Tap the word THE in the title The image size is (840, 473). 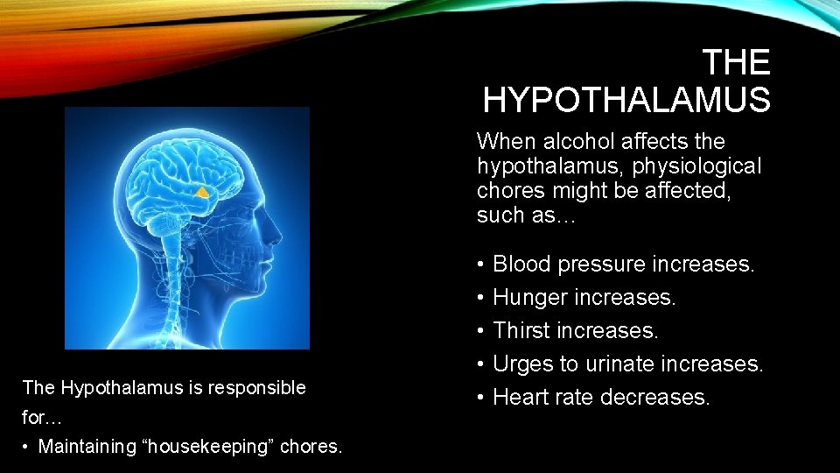point(736,63)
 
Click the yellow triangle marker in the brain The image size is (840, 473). point(201,191)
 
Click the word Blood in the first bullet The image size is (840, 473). point(522,264)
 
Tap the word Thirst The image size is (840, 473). point(521,331)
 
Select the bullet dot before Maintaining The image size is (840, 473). point(27,447)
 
